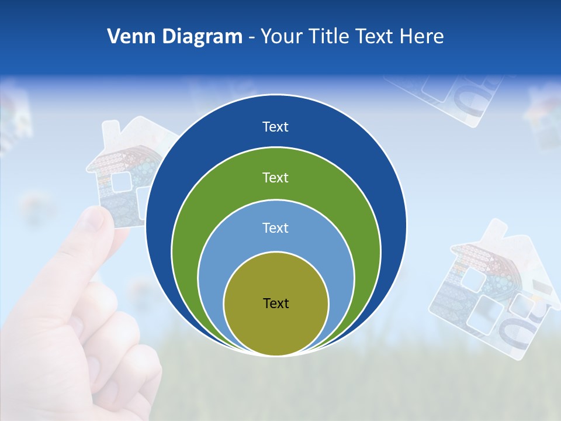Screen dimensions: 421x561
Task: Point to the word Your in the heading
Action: (x=281, y=37)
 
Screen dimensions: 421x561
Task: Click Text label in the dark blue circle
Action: (x=276, y=127)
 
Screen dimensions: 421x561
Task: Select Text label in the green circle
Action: (x=276, y=177)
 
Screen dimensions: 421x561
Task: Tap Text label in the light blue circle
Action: (x=276, y=228)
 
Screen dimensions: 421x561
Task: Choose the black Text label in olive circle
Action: (x=276, y=303)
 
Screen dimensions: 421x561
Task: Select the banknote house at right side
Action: (x=491, y=292)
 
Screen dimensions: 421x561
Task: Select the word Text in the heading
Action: (x=376, y=37)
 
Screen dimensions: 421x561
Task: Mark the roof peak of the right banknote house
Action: (x=497, y=222)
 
